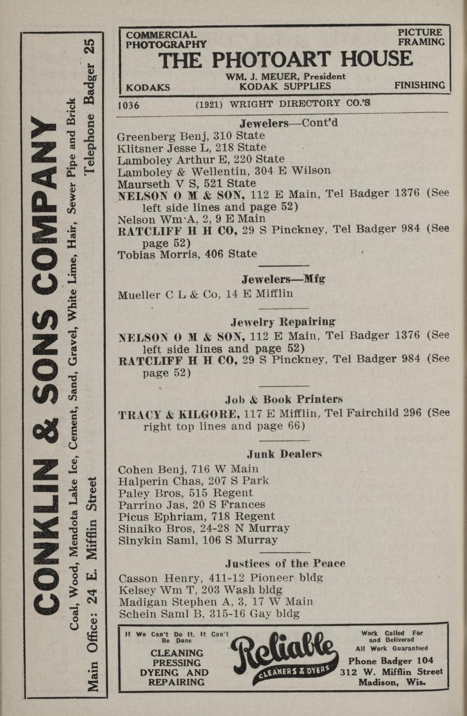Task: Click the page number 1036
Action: (129, 105)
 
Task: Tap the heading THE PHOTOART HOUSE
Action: (285, 60)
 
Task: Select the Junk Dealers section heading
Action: (284, 454)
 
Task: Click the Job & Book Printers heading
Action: (284, 400)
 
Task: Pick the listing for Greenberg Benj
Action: (191, 136)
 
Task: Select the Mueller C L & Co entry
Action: (205, 295)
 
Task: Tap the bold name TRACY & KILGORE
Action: (178, 415)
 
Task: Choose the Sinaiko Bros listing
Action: (203, 529)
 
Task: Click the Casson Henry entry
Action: (221, 577)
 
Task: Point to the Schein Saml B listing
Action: (209, 614)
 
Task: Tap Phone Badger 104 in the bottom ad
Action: (390, 661)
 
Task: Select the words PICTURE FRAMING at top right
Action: (421, 37)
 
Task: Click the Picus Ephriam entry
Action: (196, 517)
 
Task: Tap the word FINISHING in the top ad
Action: (419, 85)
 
